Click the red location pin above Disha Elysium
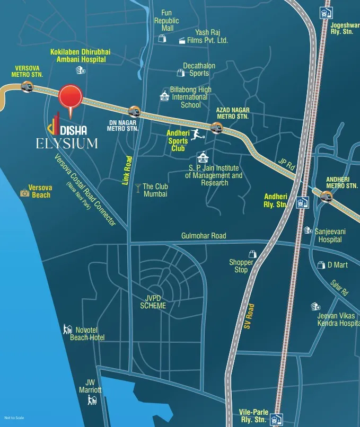71,97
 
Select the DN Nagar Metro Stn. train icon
134,112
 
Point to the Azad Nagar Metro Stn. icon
215,127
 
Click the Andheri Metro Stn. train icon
326,195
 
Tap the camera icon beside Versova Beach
24,193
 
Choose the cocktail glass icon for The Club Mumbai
138,186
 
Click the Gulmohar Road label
204,236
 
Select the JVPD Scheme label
153,302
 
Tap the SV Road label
250,317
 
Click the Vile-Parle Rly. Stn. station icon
275,420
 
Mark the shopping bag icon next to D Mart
320,264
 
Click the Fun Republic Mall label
166,21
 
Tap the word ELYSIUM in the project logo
67,143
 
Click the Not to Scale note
14,418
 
